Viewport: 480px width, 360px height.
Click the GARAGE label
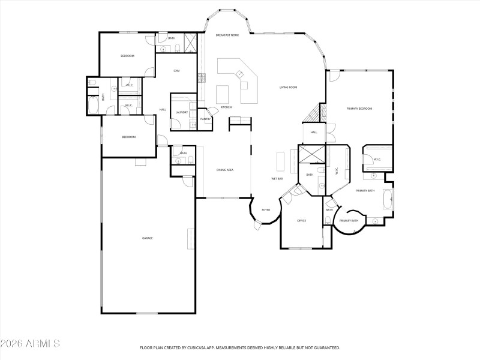point(147,238)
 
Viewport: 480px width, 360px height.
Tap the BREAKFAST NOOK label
point(227,35)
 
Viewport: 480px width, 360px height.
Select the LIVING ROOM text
point(289,88)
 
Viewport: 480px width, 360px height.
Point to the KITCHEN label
point(226,107)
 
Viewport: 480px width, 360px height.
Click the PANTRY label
point(205,119)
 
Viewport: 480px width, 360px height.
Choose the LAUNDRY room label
point(182,112)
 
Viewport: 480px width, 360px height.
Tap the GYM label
point(176,71)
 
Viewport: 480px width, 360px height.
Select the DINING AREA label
point(225,170)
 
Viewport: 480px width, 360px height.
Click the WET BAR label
point(277,179)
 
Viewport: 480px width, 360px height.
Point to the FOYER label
point(265,210)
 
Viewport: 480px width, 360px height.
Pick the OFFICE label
point(302,221)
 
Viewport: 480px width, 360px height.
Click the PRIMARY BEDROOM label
point(359,109)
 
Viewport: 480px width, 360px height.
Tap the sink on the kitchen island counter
point(239,74)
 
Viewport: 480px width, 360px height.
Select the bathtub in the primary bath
point(389,198)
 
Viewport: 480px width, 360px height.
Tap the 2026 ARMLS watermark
point(30,344)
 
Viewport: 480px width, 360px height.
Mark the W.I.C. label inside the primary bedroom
point(377,160)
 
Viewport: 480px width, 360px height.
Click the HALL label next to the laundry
point(163,109)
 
